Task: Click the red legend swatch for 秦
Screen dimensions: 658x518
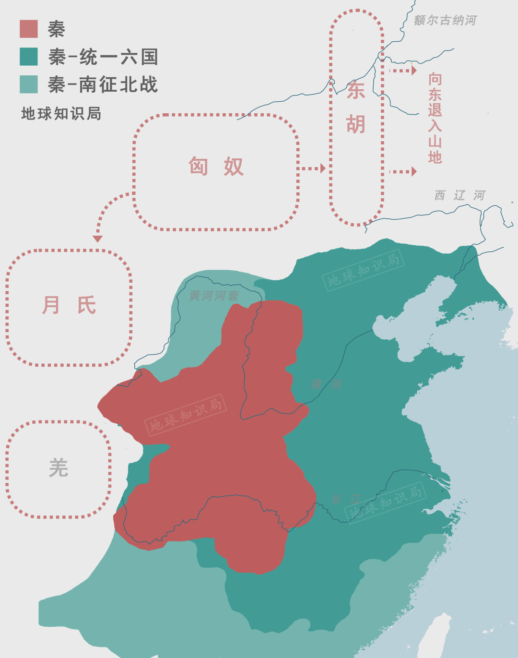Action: pyautogui.click(x=29, y=29)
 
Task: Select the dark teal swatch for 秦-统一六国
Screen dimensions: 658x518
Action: pyautogui.click(x=29, y=57)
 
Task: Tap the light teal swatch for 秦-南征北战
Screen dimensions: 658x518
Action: pyautogui.click(x=29, y=84)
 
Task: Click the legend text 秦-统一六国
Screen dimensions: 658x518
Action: pyautogui.click(x=103, y=57)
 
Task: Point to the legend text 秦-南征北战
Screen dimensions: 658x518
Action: pyautogui.click(x=103, y=85)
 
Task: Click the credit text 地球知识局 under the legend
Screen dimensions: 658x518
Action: pyautogui.click(x=61, y=114)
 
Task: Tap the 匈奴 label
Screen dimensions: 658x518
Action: pyautogui.click(x=216, y=167)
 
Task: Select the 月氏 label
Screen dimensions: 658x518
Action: pyautogui.click(x=70, y=305)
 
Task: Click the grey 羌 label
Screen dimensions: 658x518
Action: pyautogui.click(x=59, y=468)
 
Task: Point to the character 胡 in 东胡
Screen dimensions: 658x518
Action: pyautogui.click(x=356, y=124)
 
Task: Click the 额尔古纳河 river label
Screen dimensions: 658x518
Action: pyautogui.click(x=445, y=20)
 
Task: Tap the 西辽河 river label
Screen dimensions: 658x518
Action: pyautogui.click(x=459, y=195)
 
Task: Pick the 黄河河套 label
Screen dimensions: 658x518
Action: pyautogui.click(x=214, y=296)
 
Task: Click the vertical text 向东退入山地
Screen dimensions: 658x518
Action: pyautogui.click(x=435, y=118)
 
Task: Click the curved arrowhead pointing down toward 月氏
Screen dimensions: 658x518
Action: pyautogui.click(x=98, y=239)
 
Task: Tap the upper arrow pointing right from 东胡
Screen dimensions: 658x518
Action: pyautogui.click(x=403, y=71)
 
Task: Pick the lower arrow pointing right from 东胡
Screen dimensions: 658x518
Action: pyautogui.click(x=403, y=171)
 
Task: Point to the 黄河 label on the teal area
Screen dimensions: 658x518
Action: pyautogui.click(x=326, y=384)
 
